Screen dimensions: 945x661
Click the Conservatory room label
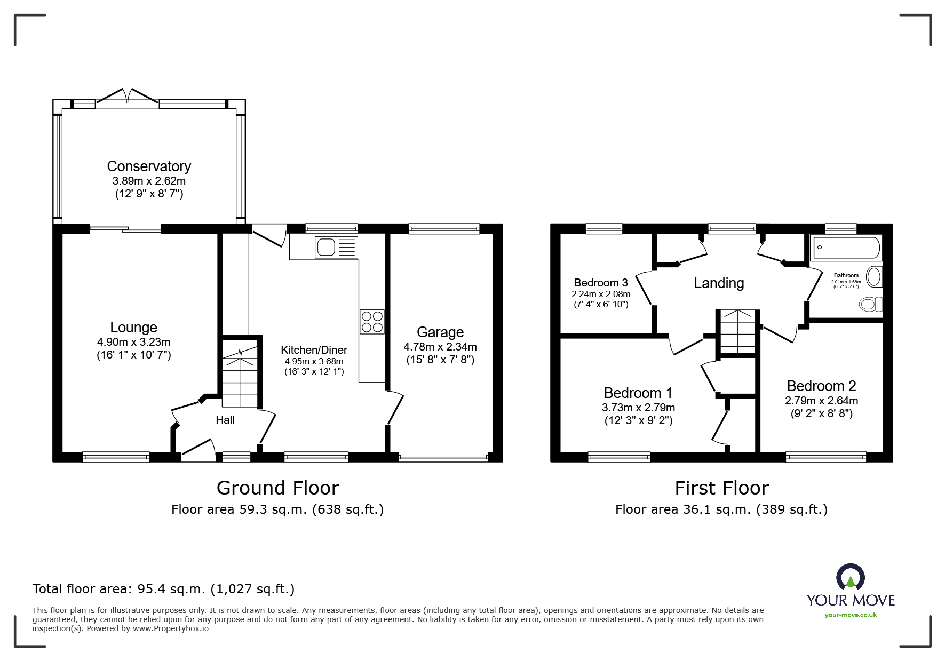(149, 166)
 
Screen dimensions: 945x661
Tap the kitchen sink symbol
(336, 248)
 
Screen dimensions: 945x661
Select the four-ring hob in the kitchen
(372, 322)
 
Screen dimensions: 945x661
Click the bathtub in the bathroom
(845, 248)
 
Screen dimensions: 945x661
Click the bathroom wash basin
(874, 277)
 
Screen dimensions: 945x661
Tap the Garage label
(440, 332)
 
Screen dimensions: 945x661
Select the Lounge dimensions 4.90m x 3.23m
(134, 342)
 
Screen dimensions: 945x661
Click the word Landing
(719, 283)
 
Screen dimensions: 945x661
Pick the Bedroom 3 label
(601, 283)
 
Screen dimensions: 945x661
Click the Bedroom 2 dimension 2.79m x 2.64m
(822, 401)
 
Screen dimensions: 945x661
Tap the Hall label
(225, 420)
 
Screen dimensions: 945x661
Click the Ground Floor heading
(278, 488)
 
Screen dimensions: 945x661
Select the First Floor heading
(722, 488)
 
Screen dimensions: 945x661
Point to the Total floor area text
(164, 589)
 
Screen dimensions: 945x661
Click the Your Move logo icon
(850, 578)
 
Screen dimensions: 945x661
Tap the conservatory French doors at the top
(127, 95)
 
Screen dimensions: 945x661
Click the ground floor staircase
(240, 373)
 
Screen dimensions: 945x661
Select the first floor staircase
(737, 331)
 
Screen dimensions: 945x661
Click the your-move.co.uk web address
(851, 615)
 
